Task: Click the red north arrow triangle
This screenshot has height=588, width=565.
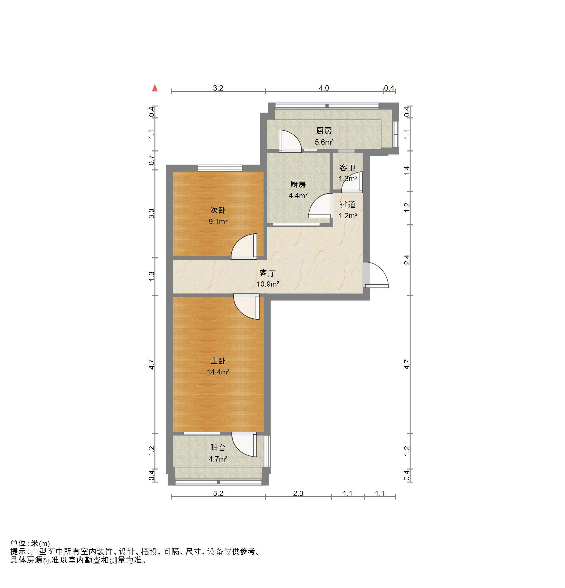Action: (x=155, y=88)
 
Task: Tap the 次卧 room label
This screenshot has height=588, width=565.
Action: (x=218, y=210)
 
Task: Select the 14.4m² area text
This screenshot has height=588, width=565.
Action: (x=218, y=372)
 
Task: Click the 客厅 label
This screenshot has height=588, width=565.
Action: (x=267, y=273)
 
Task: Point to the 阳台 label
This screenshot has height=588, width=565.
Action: (x=218, y=448)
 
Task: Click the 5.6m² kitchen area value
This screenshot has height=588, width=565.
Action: (x=324, y=142)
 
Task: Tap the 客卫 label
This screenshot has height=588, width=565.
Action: (x=347, y=168)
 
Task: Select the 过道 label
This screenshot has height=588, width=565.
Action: (x=347, y=204)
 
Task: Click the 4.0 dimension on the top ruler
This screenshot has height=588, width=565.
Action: (x=324, y=88)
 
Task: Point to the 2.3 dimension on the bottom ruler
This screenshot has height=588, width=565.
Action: (x=298, y=493)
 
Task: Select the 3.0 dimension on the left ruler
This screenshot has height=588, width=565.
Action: (x=152, y=214)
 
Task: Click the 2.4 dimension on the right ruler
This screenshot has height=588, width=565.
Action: (x=407, y=260)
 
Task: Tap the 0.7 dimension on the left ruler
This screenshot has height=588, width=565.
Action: (x=152, y=160)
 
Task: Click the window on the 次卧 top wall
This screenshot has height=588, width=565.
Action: (x=220, y=168)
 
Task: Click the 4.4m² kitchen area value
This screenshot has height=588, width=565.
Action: (x=298, y=196)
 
